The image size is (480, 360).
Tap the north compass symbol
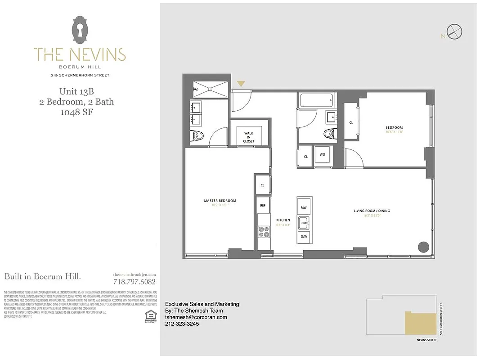coord(455,32)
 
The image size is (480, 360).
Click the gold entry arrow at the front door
coord(241,84)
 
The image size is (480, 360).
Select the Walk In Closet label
coord(249,137)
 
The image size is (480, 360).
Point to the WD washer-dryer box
coord(323,155)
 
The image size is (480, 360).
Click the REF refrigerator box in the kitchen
coord(263,205)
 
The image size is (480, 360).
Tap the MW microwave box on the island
coord(304,207)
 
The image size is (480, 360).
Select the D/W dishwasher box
coord(304,236)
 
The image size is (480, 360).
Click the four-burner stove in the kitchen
coord(263,232)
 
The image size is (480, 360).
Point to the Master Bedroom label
coord(220,201)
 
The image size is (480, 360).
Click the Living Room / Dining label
coord(371,211)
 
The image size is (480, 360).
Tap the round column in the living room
coord(423,247)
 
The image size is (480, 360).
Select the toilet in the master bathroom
coord(197,135)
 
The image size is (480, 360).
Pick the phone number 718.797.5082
coord(135,282)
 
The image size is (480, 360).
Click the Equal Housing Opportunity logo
coord(150,316)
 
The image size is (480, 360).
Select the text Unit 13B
coord(76,92)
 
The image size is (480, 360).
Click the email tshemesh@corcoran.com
coord(196,317)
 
